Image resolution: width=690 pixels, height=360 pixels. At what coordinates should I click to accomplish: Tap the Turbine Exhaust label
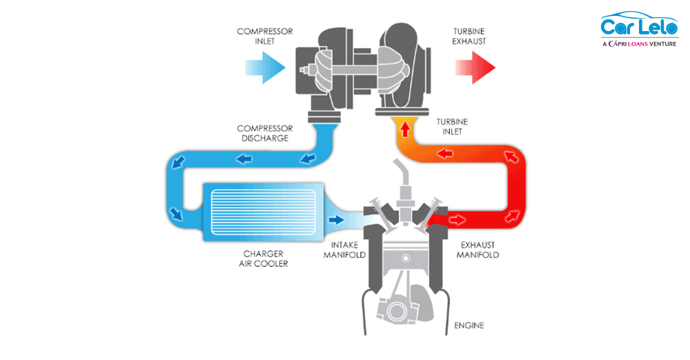pos(469,36)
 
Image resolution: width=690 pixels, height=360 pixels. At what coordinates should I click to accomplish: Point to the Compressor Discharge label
pos(264,133)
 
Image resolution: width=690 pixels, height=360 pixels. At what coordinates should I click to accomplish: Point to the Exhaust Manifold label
pos(477,250)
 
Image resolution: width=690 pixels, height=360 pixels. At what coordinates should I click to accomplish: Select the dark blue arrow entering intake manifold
pos(336,220)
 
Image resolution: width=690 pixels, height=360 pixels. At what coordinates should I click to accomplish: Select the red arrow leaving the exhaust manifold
pos(455,220)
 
